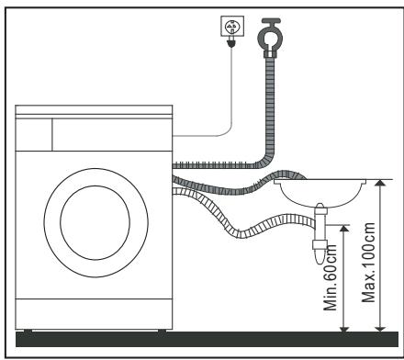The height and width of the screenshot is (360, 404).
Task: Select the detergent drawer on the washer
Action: [x=34, y=131]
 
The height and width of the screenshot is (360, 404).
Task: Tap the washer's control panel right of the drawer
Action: [x=110, y=131]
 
